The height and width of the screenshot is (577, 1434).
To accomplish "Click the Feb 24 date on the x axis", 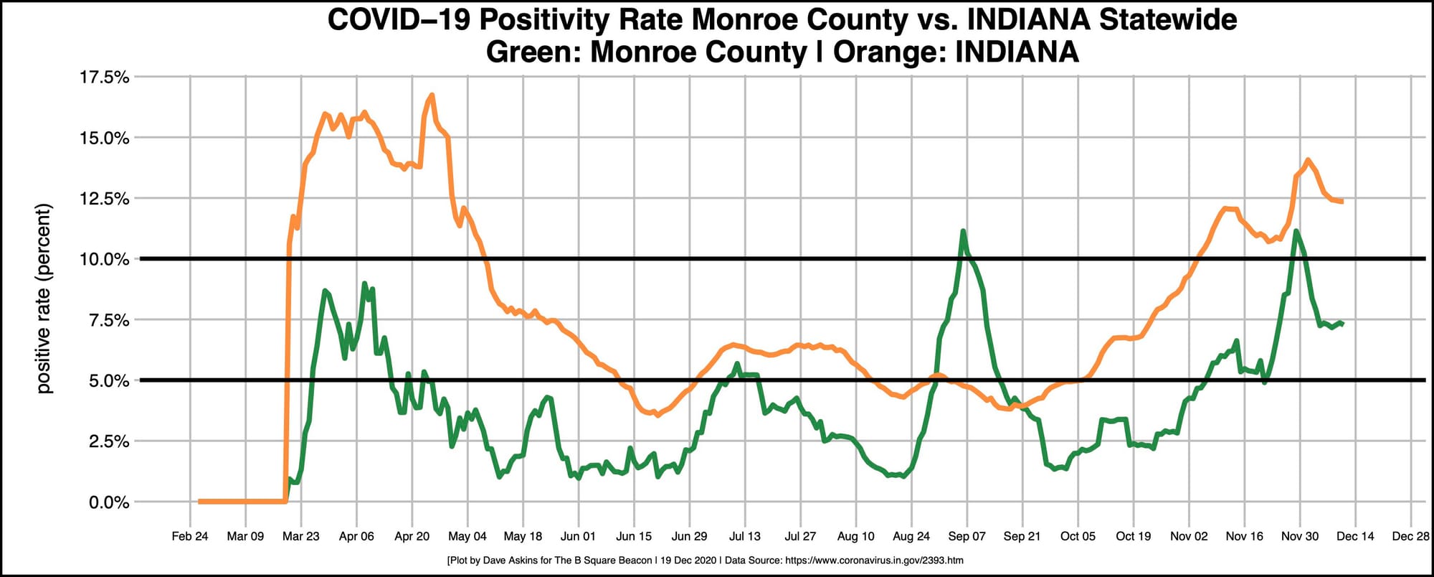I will [190, 536].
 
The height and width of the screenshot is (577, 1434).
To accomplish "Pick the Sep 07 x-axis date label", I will [967, 536].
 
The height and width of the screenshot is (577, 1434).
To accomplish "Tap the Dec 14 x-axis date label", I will [1355, 536].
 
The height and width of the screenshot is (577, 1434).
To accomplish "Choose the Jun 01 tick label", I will [578, 536].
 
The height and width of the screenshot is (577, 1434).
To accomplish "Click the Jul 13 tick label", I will [744, 536].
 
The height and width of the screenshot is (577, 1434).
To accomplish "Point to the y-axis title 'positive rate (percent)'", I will [44, 299].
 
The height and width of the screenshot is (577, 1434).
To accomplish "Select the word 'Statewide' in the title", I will [1168, 20].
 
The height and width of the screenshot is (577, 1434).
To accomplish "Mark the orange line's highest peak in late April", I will [431, 95].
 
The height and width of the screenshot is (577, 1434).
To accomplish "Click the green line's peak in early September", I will [963, 231].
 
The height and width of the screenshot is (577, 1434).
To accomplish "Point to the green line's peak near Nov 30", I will [1296, 231].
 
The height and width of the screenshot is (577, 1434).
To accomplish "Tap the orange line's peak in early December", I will [1308, 160].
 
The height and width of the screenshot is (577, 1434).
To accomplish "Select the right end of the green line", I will [1342, 323].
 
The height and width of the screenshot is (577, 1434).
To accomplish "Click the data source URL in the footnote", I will [874, 560].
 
